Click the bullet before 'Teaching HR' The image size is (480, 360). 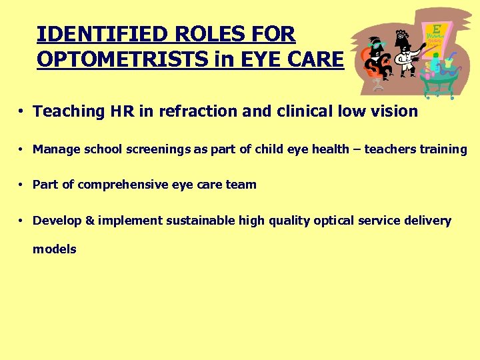tap(22, 111)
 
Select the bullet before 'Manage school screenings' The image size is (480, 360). tap(22, 149)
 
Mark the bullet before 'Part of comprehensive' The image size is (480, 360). tap(22, 185)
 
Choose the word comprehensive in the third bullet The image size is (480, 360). tap(123, 185)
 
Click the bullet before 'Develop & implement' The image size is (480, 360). tap(22, 221)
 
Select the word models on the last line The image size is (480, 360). tap(55, 249)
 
